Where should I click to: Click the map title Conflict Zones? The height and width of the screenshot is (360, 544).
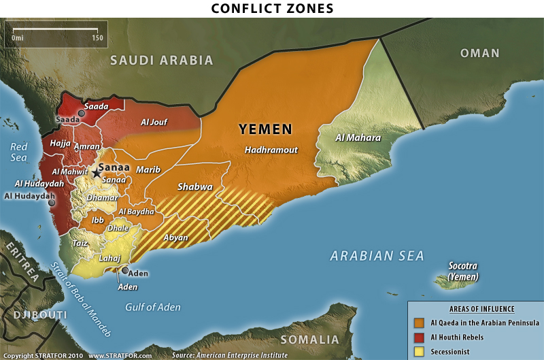pyautogui.click(x=271, y=9)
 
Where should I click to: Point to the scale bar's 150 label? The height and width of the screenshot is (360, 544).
pyautogui.click(x=97, y=38)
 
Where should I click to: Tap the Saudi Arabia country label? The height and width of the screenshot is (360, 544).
pyautogui.click(x=163, y=60)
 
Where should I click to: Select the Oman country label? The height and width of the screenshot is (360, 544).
pyautogui.click(x=479, y=53)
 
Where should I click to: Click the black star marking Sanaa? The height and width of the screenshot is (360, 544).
pyautogui.click(x=96, y=174)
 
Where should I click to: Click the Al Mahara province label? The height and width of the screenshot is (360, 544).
pyautogui.click(x=358, y=137)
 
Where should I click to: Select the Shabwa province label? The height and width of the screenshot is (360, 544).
pyautogui.click(x=195, y=186)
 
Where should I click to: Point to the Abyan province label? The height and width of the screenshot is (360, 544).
pyautogui.click(x=176, y=238)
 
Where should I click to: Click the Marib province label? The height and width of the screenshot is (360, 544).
pyautogui.click(x=148, y=169)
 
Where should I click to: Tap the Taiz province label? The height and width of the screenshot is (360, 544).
pyautogui.click(x=80, y=242)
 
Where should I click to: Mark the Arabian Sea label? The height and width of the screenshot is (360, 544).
pyautogui.click(x=377, y=256)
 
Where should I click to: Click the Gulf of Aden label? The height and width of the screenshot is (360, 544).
pyautogui.click(x=153, y=307)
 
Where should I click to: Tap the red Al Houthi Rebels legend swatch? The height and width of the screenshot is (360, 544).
pyautogui.click(x=418, y=338)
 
